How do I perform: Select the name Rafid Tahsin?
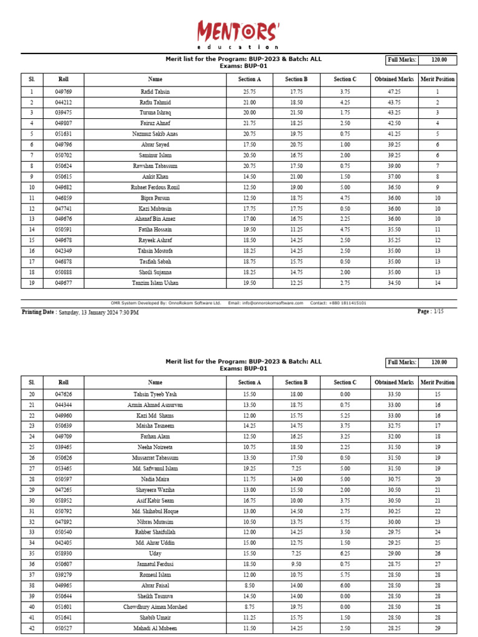point(155,91)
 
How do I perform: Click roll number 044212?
point(63,102)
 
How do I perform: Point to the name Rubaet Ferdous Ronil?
point(155,187)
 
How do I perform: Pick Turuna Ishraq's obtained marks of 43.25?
point(394,113)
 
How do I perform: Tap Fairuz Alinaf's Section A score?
point(250,123)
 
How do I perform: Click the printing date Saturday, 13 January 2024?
point(98,312)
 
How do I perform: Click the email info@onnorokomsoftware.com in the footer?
point(273,303)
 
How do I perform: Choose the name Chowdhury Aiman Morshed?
point(155,607)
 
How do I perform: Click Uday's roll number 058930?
point(63,553)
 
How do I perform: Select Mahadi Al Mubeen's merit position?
point(438,628)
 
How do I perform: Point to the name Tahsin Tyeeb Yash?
point(155,394)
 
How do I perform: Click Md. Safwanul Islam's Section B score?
point(296,468)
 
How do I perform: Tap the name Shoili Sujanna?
point(155,272)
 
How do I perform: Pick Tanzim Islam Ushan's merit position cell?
point(438,283)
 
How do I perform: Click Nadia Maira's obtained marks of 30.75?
point(394,479)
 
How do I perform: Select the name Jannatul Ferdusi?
point(155,564)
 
